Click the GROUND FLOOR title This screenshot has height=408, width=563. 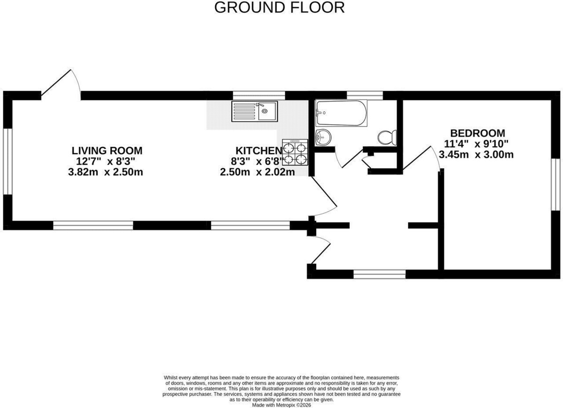coord(279,8)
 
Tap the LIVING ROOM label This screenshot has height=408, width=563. coord(107,151)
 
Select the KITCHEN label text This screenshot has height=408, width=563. coord(259,151)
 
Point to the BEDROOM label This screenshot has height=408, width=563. coord(478,133)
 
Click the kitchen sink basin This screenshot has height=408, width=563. coord(255,112)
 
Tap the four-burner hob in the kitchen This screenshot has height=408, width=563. coord(295,152)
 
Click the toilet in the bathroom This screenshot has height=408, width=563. coord(388,137)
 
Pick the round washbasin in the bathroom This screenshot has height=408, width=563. coord(323,137)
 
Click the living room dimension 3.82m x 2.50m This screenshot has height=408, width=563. coord(106,173)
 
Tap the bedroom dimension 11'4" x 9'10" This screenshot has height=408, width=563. coord(476,144)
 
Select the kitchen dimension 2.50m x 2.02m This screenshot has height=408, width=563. coord(258,173)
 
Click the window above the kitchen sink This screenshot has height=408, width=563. coord(259,96)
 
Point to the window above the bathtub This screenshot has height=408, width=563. coord(365,96)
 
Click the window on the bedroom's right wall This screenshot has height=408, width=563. coord(557,184)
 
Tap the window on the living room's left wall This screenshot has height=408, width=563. coord(8,161)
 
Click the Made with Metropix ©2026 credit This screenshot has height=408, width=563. coord(281,405)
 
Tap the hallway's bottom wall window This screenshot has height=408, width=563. coord(380,274)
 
